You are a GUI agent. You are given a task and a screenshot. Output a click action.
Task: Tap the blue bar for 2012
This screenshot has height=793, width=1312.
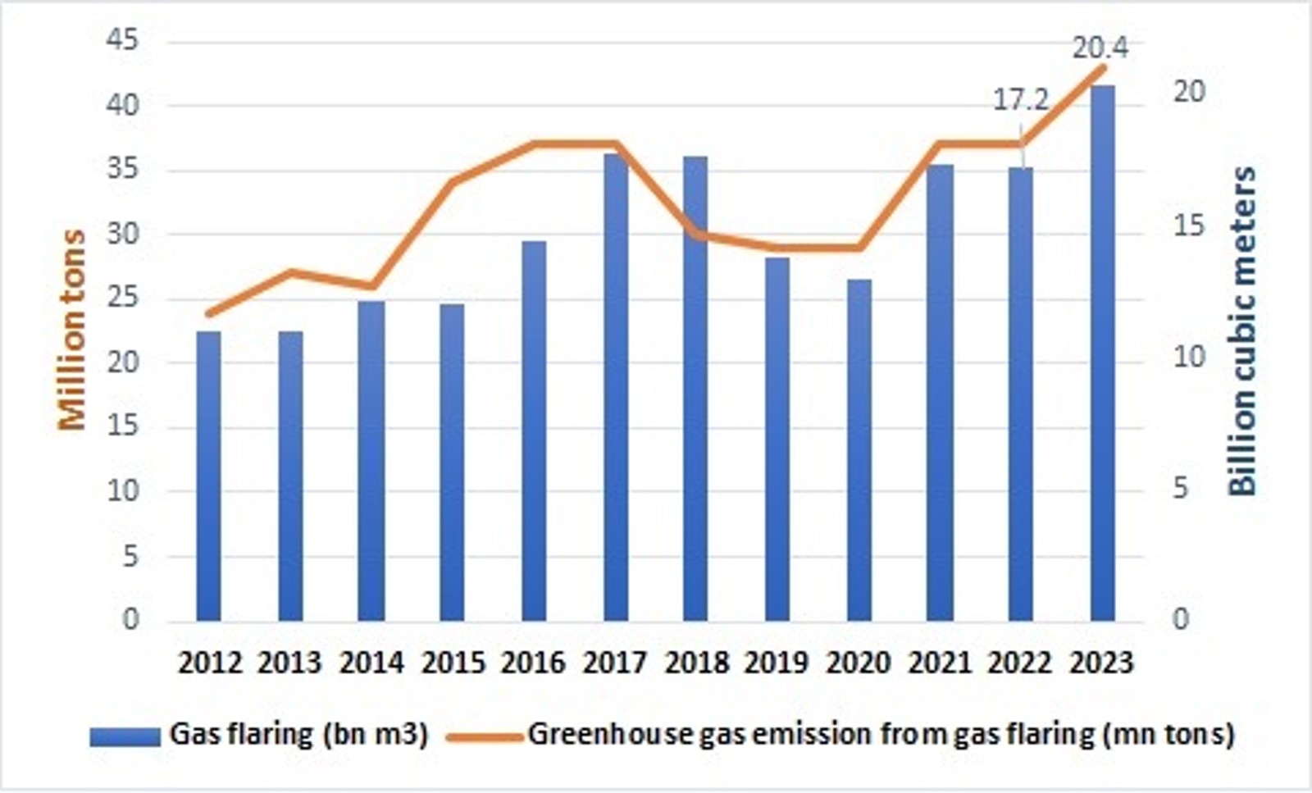[208, 476]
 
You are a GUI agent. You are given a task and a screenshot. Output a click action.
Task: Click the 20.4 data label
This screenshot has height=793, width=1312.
[1100, 48]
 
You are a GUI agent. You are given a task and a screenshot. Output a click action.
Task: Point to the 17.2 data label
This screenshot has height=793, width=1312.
[1021, 100]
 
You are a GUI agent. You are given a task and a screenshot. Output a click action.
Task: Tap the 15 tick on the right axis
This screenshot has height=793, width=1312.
[1189, 226]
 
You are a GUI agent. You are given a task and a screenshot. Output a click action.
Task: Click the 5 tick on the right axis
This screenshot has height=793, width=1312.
[1180, 489]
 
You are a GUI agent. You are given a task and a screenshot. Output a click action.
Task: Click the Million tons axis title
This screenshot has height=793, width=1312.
[73, 330]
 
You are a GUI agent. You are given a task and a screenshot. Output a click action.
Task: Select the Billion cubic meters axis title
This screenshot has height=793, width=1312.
[1243, 331]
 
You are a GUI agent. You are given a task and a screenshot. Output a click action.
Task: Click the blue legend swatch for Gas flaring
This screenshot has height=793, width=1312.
[125, 736]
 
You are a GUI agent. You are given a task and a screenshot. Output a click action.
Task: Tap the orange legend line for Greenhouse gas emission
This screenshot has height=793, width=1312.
[485, 736]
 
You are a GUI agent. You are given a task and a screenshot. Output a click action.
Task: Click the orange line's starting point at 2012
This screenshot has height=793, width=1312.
[208, 313]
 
